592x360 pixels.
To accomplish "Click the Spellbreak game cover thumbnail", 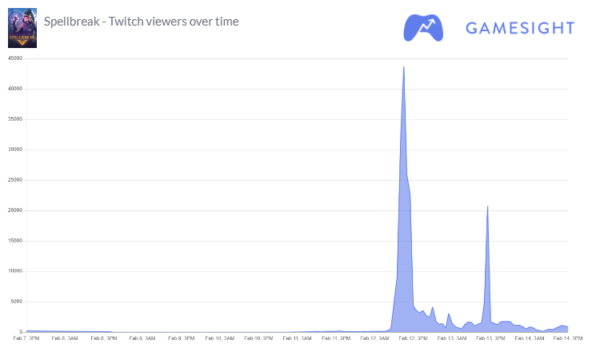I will (x=22, y=29).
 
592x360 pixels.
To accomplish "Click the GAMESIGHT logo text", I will (x=519, y=29).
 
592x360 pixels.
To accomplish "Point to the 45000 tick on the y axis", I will (x=14, y=58).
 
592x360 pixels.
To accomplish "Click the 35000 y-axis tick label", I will (x=14, y=119).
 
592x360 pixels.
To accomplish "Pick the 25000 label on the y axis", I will (x=14, y=180).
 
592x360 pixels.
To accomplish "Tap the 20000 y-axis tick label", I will (x=14, y=210).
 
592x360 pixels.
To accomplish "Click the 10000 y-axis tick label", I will (x=14, y=271).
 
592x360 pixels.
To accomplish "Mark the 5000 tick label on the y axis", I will (x=16, y=302).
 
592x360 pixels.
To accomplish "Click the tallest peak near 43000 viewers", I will (x=403, y=67).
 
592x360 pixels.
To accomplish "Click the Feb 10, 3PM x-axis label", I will (x=258, y=338).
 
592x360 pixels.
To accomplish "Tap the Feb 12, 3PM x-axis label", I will (x=412, y=338).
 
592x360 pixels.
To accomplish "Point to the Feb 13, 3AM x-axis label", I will (x=450, y=338).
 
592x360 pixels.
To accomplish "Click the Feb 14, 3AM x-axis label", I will (x=528, y=338).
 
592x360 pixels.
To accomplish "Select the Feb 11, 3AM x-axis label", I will (x=296, y=338).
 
